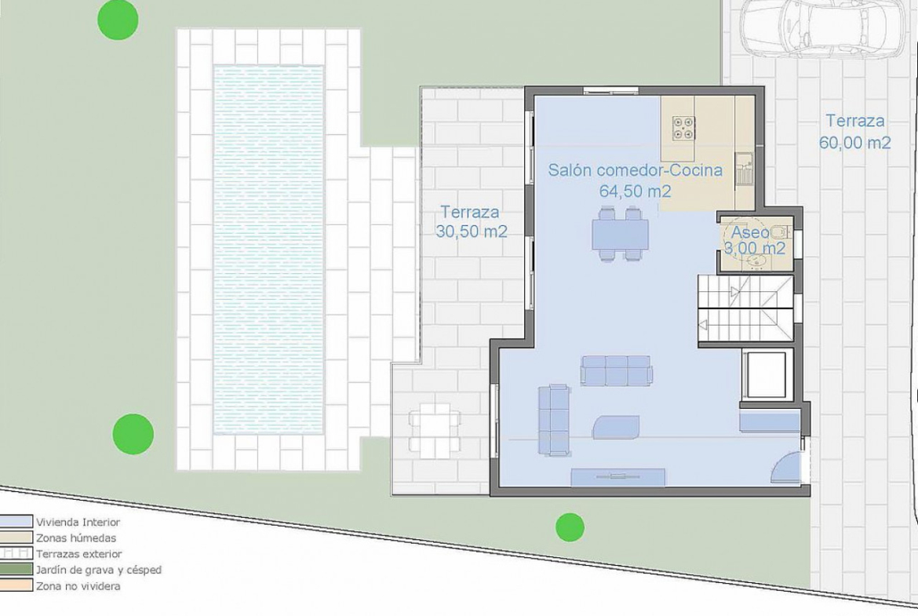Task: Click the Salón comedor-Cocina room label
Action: [636, 169]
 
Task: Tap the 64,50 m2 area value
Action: [636, 191]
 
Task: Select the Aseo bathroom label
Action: [750, 231]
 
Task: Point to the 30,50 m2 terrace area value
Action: [472, 231]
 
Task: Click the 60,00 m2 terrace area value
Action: [854, 142]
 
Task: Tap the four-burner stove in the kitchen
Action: [683, 128]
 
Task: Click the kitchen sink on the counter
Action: [745, 169]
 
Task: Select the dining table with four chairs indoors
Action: [620, 234]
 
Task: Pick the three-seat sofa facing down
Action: [616, 370]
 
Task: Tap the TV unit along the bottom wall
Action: [618, 477]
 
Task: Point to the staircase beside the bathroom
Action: [744, 310]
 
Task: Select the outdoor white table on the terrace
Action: [435, 424]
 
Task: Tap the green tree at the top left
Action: [118, 20]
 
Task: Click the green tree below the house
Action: [570, 527]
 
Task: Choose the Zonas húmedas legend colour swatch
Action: [16, 538]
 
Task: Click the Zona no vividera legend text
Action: [78, 585]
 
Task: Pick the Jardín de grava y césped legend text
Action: [98, 569]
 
